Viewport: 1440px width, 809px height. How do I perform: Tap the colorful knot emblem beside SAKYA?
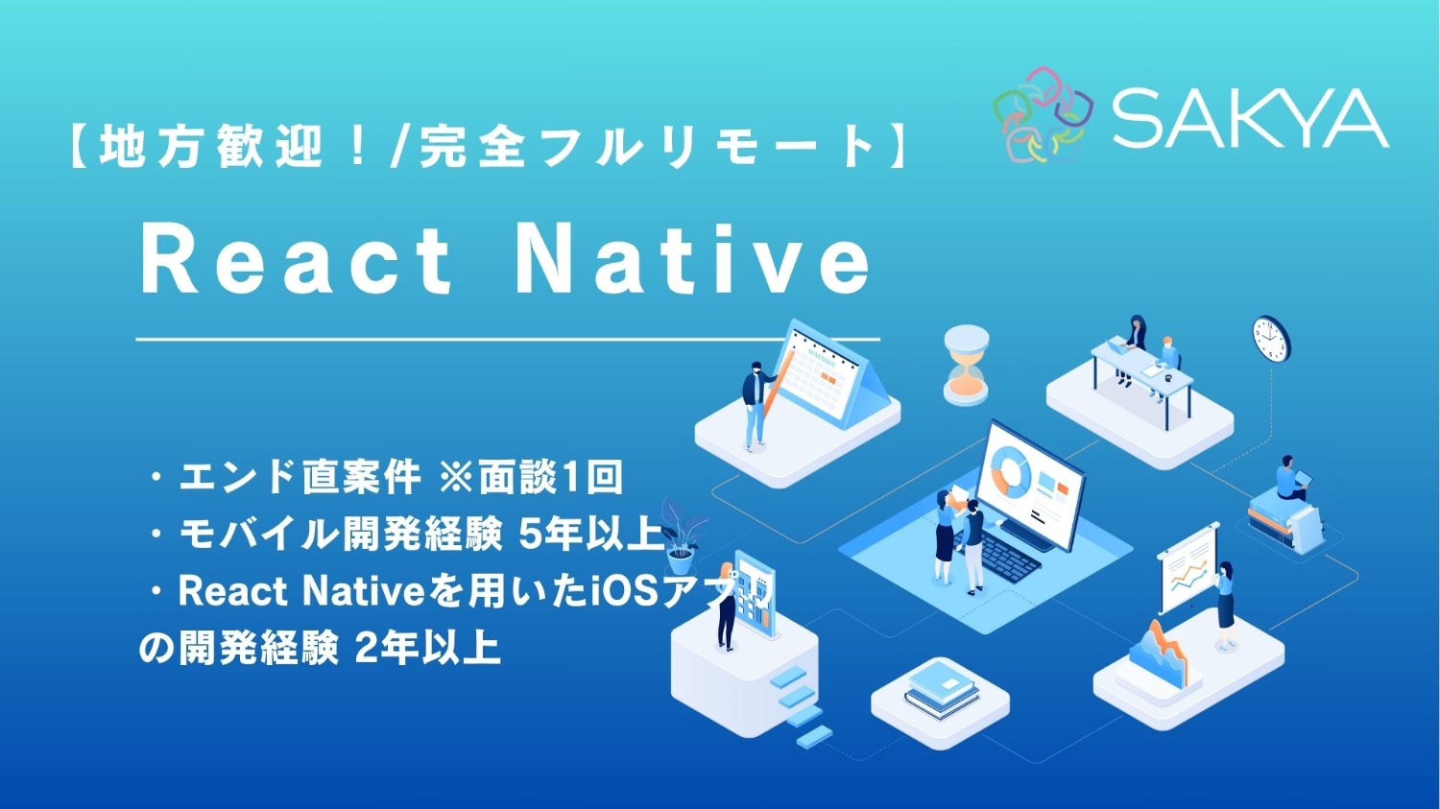pos(1043,114)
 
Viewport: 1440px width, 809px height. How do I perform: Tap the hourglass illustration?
pos(966,365)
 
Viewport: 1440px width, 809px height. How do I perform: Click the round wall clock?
pos(1271,339)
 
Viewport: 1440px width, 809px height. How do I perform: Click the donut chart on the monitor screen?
pos(1009,471)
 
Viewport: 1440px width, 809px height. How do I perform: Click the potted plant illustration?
pos(681,532)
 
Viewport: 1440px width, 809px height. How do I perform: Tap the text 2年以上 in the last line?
pos(428,650)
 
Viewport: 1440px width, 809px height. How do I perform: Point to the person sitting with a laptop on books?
pos(1289,480)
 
